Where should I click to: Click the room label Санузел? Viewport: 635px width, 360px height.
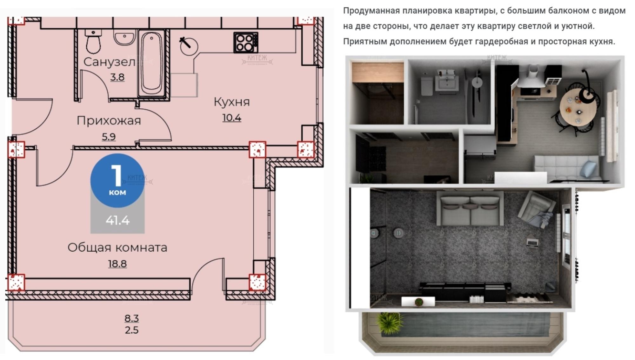[x=109, y=62]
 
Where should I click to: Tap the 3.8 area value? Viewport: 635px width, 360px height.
[x=117, y=77]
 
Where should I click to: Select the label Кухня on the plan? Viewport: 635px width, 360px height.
[x=232, y=102]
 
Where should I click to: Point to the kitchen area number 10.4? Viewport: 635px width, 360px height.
[x=232, y=118]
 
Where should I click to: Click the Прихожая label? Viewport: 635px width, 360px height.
[x=109, y=121]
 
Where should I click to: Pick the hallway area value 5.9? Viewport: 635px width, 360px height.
[x=109, y=137]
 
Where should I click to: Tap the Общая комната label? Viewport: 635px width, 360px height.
[x=117, y=248]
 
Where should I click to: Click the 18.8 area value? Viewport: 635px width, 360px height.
[x=117, y=264]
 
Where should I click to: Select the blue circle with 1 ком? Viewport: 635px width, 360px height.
[x=117, y=180]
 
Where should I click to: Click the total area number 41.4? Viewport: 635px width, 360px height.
[x=117, y=220]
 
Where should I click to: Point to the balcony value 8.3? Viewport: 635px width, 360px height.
[x=131, y=318]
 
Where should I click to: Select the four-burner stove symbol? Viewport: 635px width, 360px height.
[x=245, y=43]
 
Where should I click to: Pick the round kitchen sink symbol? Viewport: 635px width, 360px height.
[x=189, y=46]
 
